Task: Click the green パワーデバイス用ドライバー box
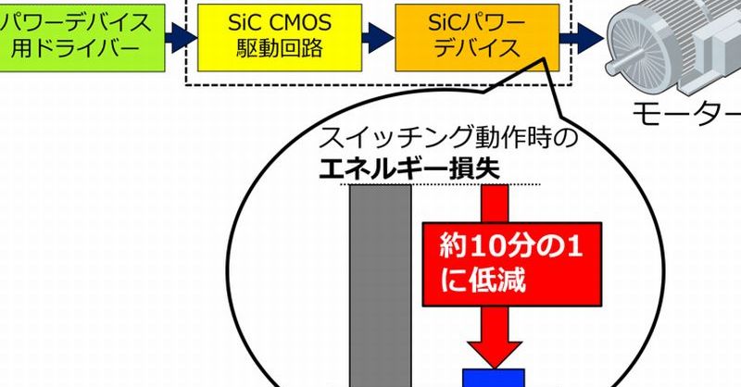pyautogui.click(x=82, y=38)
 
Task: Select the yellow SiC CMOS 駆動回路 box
pyautogui.click(x=280, y=38)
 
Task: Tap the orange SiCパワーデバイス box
pyautogui.click(x=477, y=38)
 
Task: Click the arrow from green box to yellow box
pyautogui.click(x=181, y=37)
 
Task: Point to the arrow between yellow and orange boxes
pyautogui.click(x=379, y=37)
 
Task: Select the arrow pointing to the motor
pyautogui.click(x=582, y=37)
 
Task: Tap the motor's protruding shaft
pyautogui.click(x=615, y=67)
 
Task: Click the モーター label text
pyautogui.click(x=686, y=114)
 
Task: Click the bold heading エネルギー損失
pyautogui.click(x=409, y=169)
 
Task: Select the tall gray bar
pyautogui.click(x=381, y=286)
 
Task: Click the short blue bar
pyautogui.click(x=494, y=378)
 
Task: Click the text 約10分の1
pyautogui.click(x=511, y=246)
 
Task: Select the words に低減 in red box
pyautogui.click(x=483, y=281)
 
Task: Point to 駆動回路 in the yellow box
pyautogui.click(x=280, y=49)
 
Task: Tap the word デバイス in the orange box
pyautogui.click(x=477, y=49)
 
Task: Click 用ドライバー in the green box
pyautogui.click(x=76, y=49)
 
